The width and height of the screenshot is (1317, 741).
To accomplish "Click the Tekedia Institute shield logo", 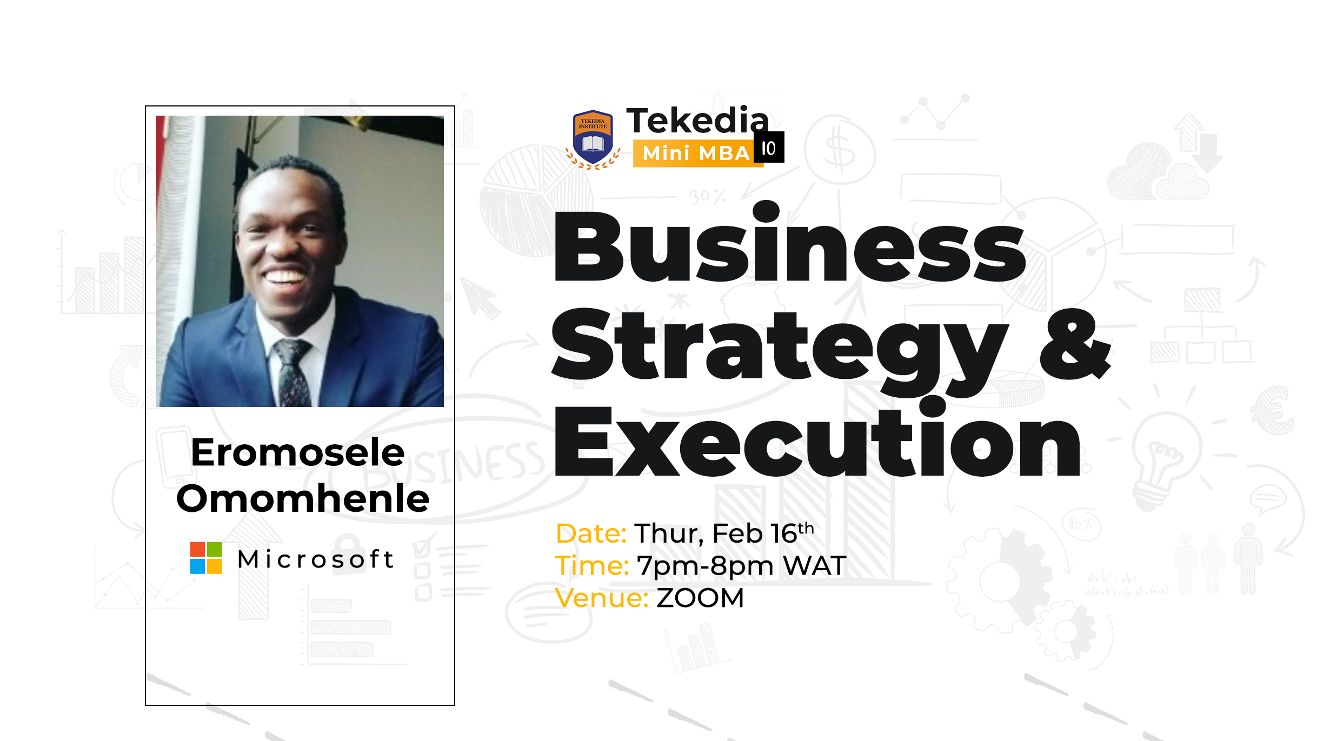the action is point(593,139).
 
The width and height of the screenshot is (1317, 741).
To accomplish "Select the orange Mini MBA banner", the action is point(698,153).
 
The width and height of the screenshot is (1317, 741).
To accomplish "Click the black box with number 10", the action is point(769,147).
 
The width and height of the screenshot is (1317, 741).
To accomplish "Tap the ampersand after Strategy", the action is point(1075,344).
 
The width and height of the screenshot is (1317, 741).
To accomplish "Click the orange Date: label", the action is point(591,533).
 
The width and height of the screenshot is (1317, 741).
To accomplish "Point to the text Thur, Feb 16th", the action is point(724,533).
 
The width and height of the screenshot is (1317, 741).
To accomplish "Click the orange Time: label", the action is point(592,566).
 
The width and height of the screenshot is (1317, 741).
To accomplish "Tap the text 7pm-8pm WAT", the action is point(741,566).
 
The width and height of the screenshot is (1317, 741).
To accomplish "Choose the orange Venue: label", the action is point(602,598).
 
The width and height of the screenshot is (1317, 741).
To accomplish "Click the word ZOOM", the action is point(701,598).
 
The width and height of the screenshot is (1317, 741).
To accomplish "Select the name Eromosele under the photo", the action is point(298,452).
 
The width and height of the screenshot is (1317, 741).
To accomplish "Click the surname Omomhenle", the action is point(303,498).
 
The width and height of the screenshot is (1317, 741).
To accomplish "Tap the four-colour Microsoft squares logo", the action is point(206,558).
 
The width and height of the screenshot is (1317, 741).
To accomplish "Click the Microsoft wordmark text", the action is point(316,559).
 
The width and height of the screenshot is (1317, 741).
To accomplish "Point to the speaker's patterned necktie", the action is point(292,373).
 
